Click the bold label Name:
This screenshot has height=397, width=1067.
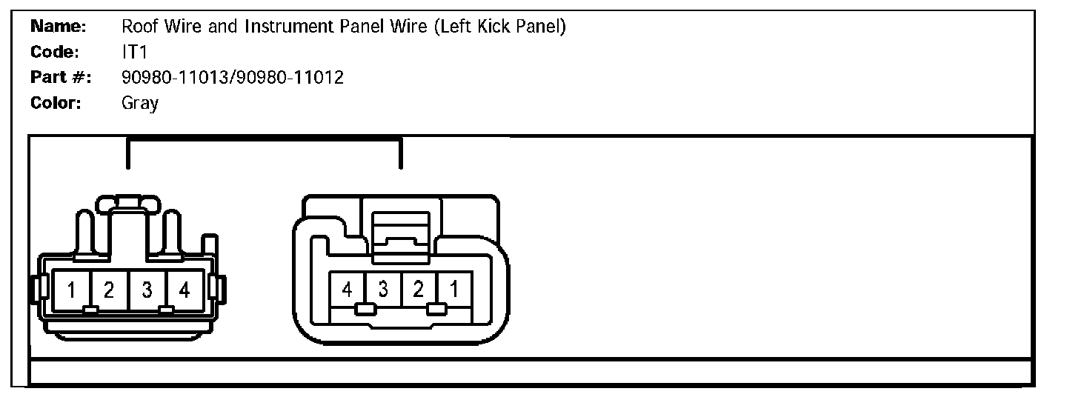tap(59, 27)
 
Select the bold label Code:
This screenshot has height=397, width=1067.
tap(56, 53)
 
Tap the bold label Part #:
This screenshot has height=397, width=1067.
tap(61, 78)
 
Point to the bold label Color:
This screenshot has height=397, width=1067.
tap(56, 103)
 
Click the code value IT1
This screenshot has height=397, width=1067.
tap(136, 53)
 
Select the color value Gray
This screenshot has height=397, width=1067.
tap(140, 104)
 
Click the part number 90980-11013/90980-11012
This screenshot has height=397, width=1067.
tap(233, 78)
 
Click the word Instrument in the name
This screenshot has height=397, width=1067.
tap(286, 27)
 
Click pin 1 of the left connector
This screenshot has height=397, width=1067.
tap(71, 290)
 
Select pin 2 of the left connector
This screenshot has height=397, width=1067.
tap(109, 290)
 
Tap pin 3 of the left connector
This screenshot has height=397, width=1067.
tap(147, 290)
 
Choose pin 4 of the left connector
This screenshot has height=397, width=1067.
tap(185, 290)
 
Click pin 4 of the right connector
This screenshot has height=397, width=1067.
tap(347, 290)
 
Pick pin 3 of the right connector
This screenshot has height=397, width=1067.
tap(382, 290)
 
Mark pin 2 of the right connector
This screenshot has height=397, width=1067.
tap(418, 290)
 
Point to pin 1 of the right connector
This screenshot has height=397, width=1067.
tap(453, 290)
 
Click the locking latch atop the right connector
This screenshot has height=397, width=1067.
tap(400, 236)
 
